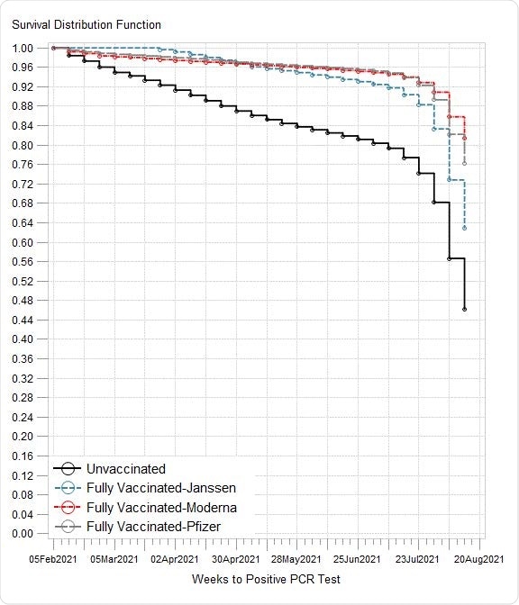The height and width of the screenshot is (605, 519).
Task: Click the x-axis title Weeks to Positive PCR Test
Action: (x=266, y=579)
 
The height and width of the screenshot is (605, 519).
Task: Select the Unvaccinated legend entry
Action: (x=125, y=469)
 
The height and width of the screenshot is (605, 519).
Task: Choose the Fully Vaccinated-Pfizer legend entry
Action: (x=153, y=526)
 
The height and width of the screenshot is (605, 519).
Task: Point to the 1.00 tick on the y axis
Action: (x=23, y=49)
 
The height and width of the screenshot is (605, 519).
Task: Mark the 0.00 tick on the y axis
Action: (x=23, y=534)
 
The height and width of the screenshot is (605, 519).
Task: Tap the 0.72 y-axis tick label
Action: (x=23, y=185)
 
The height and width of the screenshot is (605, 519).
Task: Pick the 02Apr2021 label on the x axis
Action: (x=175, y=558)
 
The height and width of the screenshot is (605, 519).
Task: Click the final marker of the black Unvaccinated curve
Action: (x=465, y=310)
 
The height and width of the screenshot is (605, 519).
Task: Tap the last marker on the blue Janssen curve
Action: (x=465, y=229)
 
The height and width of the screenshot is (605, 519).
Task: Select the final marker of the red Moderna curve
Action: (x=465, y=139)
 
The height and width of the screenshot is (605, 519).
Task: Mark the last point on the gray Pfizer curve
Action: (x=465, y=163)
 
